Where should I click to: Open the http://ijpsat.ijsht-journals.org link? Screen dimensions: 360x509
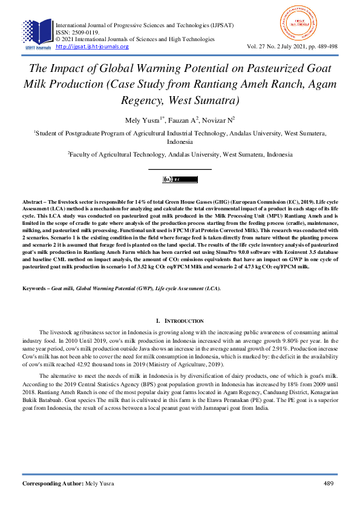(x=92, y=47)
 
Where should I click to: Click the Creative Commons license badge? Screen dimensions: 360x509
(x=180, y=180)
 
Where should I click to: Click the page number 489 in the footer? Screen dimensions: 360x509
(x=329, y=484)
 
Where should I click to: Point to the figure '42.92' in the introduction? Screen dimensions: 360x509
(x=87, y=365)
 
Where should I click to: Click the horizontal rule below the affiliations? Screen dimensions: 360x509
(x=180, y=169)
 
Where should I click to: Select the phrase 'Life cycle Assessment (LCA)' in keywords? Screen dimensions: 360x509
(x=188, y=288)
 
